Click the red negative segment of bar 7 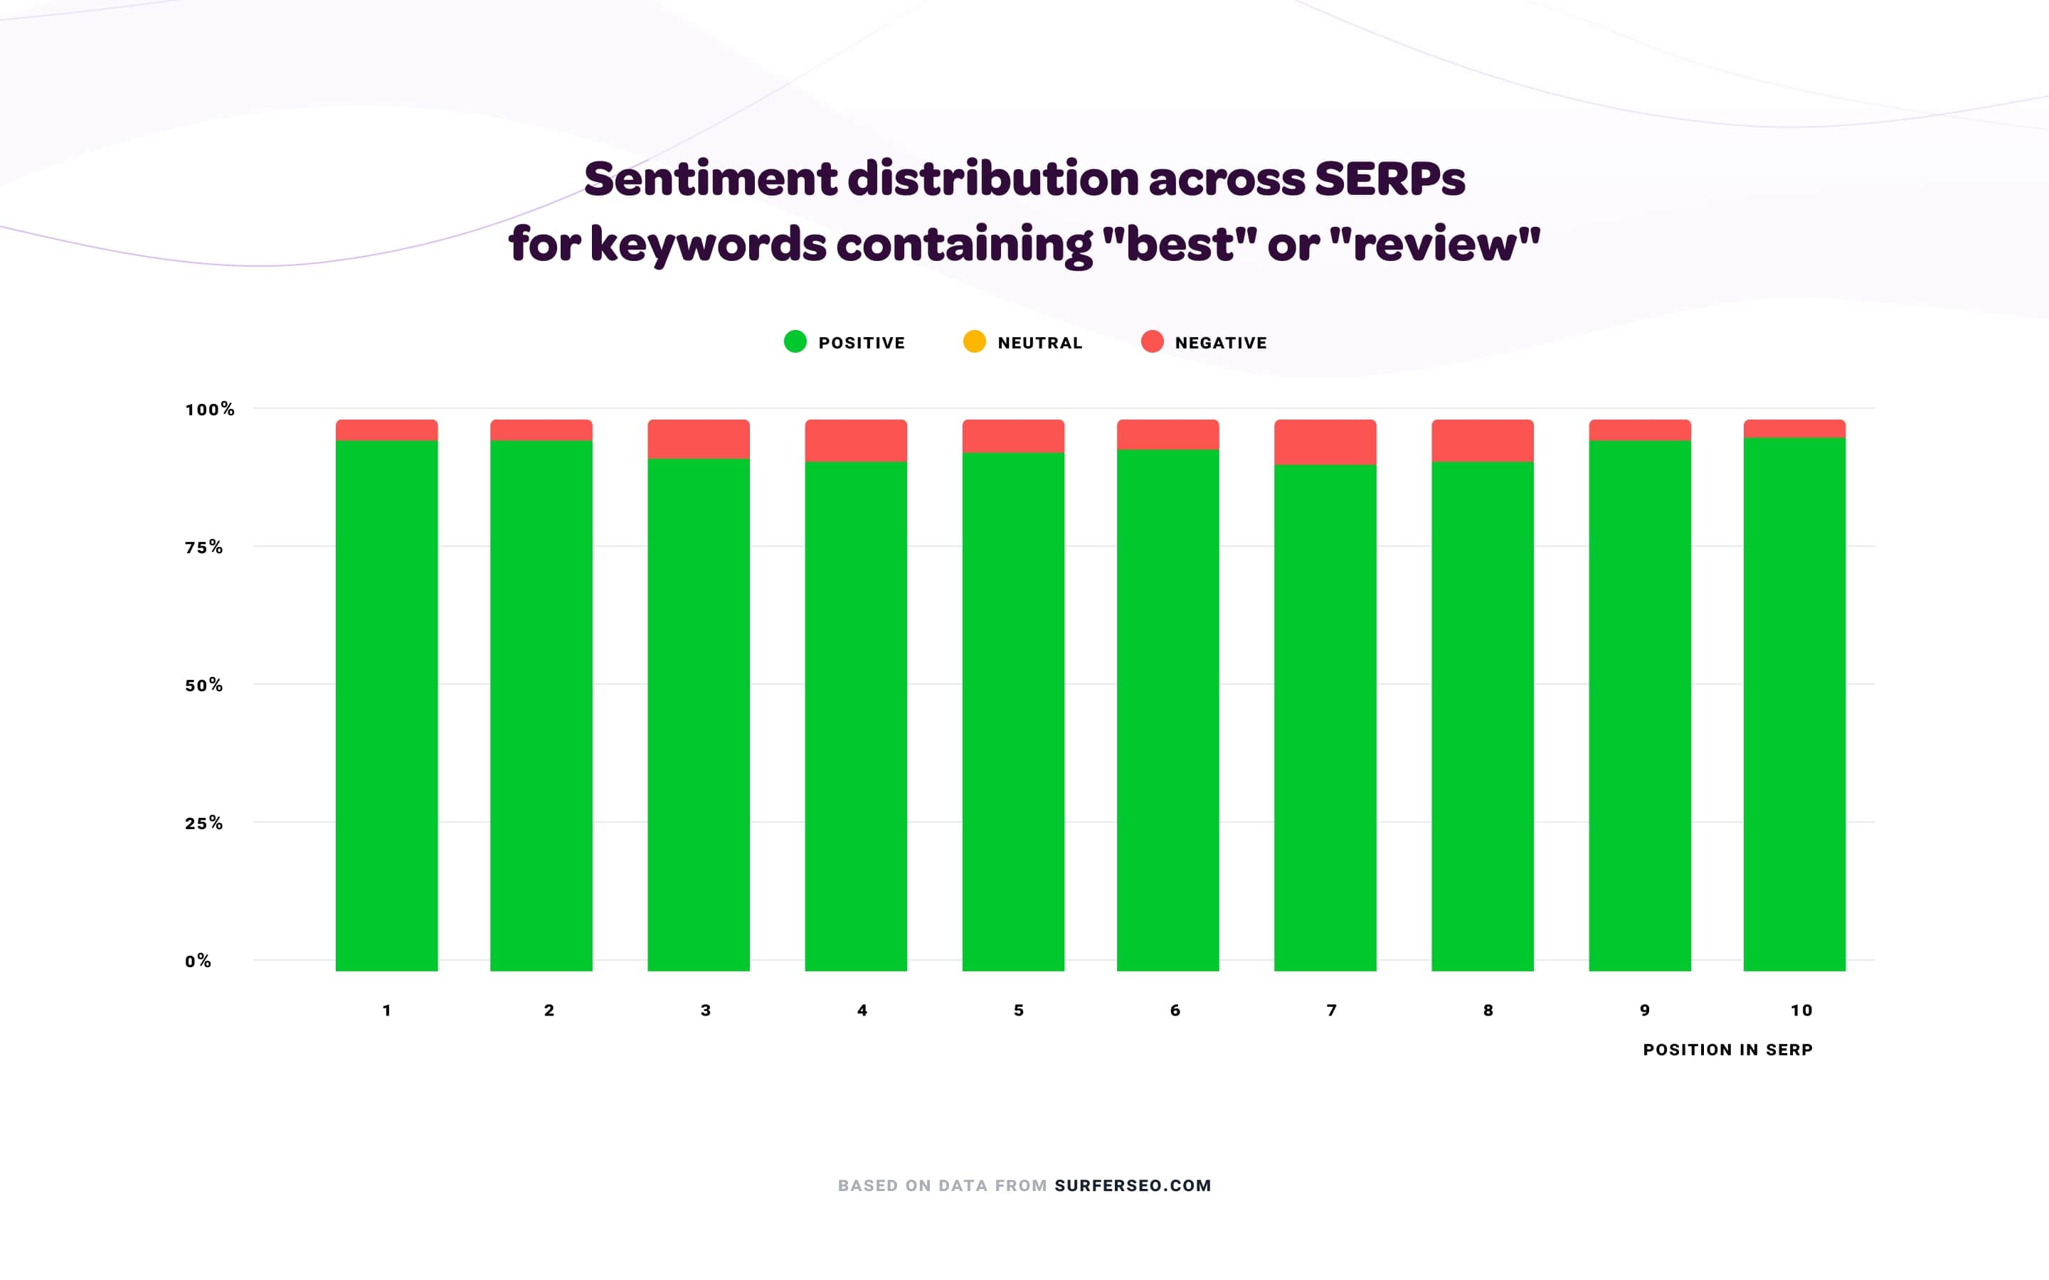click(1325, 442)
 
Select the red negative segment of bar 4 click(855, 440)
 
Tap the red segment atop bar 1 click(386, 430)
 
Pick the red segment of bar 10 click(1794, 428)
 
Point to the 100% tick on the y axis click(209, 410)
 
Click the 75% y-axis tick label click(204, 548)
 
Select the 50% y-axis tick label click(204, 686)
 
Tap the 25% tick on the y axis click(204, 823)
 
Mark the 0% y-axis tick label click(198, 961)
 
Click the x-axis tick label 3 click(705, 1010)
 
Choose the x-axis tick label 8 click(1488, 1010)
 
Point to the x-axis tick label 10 click(1801, 1010)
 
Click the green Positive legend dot click(795, 342)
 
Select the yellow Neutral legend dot click(975, 342)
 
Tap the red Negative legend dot click(1153, 342)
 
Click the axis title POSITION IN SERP click(1727, 1050)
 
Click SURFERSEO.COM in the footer click(1132, 1186)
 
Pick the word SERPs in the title click(1389, 179)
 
